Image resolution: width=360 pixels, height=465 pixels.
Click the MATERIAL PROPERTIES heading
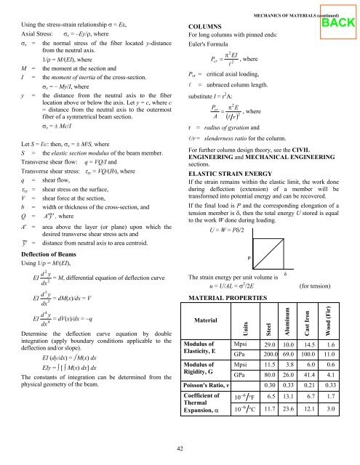231,298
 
